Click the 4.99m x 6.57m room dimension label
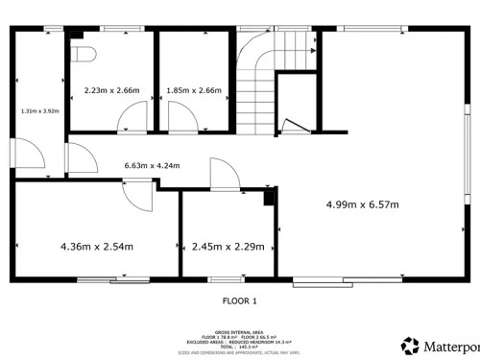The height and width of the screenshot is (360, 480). [362, 204]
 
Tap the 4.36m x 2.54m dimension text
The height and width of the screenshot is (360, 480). [97, 246]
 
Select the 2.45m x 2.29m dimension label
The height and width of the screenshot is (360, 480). [228, 246]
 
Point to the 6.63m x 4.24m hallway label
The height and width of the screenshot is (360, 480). [152, 165]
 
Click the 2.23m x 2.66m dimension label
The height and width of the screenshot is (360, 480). [111, 91]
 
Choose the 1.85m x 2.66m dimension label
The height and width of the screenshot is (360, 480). [194, 91]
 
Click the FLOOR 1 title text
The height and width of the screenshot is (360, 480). [239, 301]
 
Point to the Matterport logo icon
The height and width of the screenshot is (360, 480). [411, 345]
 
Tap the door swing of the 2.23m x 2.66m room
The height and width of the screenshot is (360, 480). [127, 119]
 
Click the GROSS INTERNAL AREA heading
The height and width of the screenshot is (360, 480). [239, 327]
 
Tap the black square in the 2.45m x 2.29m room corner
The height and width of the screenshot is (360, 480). [270, 198]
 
